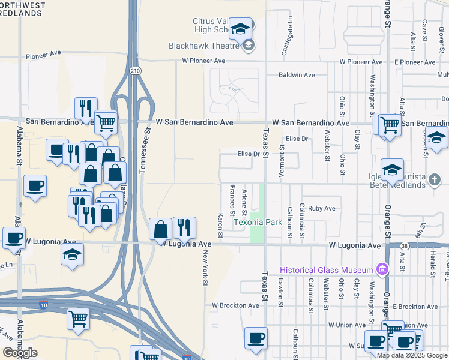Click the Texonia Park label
tap(258, 222)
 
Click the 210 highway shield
tap(134, 71)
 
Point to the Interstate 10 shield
tap(44, 305)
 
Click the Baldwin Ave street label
tap(297, 75)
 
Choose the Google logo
tap(19, 352)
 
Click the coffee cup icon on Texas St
tap(256, 338)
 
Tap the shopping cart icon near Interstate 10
tap(78, 319)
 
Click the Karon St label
tap(221, 224)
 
